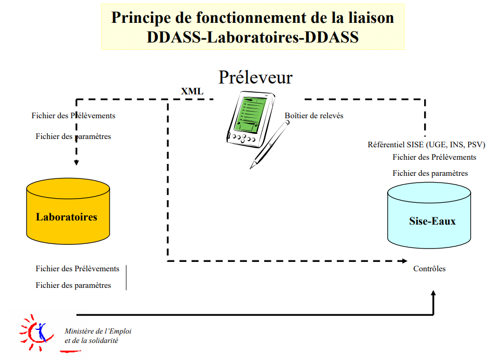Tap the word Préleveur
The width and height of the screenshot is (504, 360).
pyautogui.click(x=255, y=77)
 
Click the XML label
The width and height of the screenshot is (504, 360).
pyautogui.click(x=192, y=92)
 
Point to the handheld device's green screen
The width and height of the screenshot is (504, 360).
pyautogui.click(x=249, y=114)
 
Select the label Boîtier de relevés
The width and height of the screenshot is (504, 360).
pyautogui.click(x=314, y=116)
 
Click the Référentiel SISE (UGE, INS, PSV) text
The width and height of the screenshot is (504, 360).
pyautogui.click(x=423, y=145)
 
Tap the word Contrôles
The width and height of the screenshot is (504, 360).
pyautogui.click(x=429, y=269)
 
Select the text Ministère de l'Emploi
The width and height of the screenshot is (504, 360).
pyautogui.click(x=98, y=331)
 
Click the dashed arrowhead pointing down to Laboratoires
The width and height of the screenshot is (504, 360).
pyautogui.click(x=76, y=162)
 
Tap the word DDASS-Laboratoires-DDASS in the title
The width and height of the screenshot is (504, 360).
pyautogui.click(x=253, y=37)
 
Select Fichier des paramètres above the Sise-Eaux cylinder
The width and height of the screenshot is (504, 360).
pyautogui.click(x=430, y=173)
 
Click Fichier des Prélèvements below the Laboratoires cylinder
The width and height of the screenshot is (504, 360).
pyautogui.click(x=77, y=269)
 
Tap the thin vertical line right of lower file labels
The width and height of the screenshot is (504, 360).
pyautogui.click(x=126, y=278)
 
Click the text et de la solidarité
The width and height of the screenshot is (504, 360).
pyautogui.click(x=91, y=341)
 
